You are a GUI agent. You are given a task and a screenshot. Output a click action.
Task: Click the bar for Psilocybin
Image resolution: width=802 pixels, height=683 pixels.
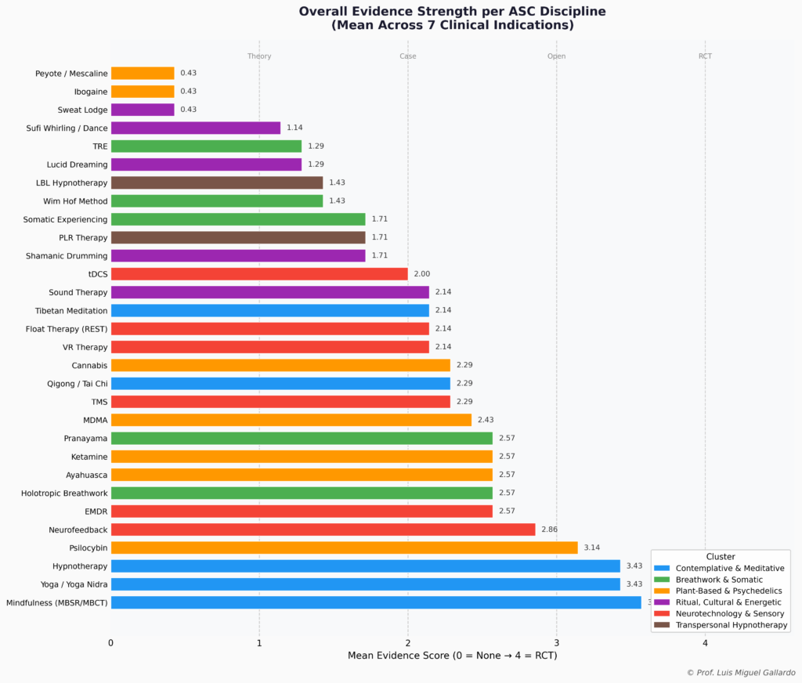click(344, 547)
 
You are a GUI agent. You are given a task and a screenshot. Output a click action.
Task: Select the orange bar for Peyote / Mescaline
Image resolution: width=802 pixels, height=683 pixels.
click(143, 73)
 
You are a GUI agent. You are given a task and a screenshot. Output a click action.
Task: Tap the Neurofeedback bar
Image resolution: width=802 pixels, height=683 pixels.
click(323, 529)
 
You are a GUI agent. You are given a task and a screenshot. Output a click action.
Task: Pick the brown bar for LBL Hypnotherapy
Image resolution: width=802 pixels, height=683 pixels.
click(217, 182)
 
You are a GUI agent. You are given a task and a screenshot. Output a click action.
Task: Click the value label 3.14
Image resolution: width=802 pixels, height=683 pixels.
click(592, 547)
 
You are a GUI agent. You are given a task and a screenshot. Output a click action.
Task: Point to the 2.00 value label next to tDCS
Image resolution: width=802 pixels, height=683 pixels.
click(421, 274)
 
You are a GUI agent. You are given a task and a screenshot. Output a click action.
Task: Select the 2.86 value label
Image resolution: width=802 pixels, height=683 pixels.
click(549, 529)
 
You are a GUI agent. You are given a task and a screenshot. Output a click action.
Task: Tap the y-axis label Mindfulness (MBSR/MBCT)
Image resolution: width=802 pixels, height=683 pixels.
click(56, 602)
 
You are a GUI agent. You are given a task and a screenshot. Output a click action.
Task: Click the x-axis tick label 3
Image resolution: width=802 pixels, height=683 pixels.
click(557, 643)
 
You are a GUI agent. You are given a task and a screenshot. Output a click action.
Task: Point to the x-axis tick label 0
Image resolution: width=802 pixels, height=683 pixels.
click(111, 643)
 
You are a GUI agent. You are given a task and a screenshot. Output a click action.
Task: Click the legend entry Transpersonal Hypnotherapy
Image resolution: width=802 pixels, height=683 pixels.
click(732, 625)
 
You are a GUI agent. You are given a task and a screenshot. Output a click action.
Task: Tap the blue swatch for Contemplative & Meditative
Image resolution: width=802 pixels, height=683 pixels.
click(662, 568)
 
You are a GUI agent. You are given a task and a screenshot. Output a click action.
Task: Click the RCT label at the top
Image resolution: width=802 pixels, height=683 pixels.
click(705, 56)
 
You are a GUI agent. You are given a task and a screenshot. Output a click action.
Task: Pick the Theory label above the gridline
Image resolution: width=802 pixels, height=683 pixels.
click(259, 56)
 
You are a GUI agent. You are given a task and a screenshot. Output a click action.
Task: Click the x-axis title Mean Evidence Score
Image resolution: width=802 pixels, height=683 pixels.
click(452, 655)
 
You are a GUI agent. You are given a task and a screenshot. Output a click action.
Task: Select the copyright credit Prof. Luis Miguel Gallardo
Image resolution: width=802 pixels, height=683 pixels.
click(740, 673)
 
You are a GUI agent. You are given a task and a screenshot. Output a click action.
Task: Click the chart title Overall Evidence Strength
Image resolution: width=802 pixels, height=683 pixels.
click(452, 12)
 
